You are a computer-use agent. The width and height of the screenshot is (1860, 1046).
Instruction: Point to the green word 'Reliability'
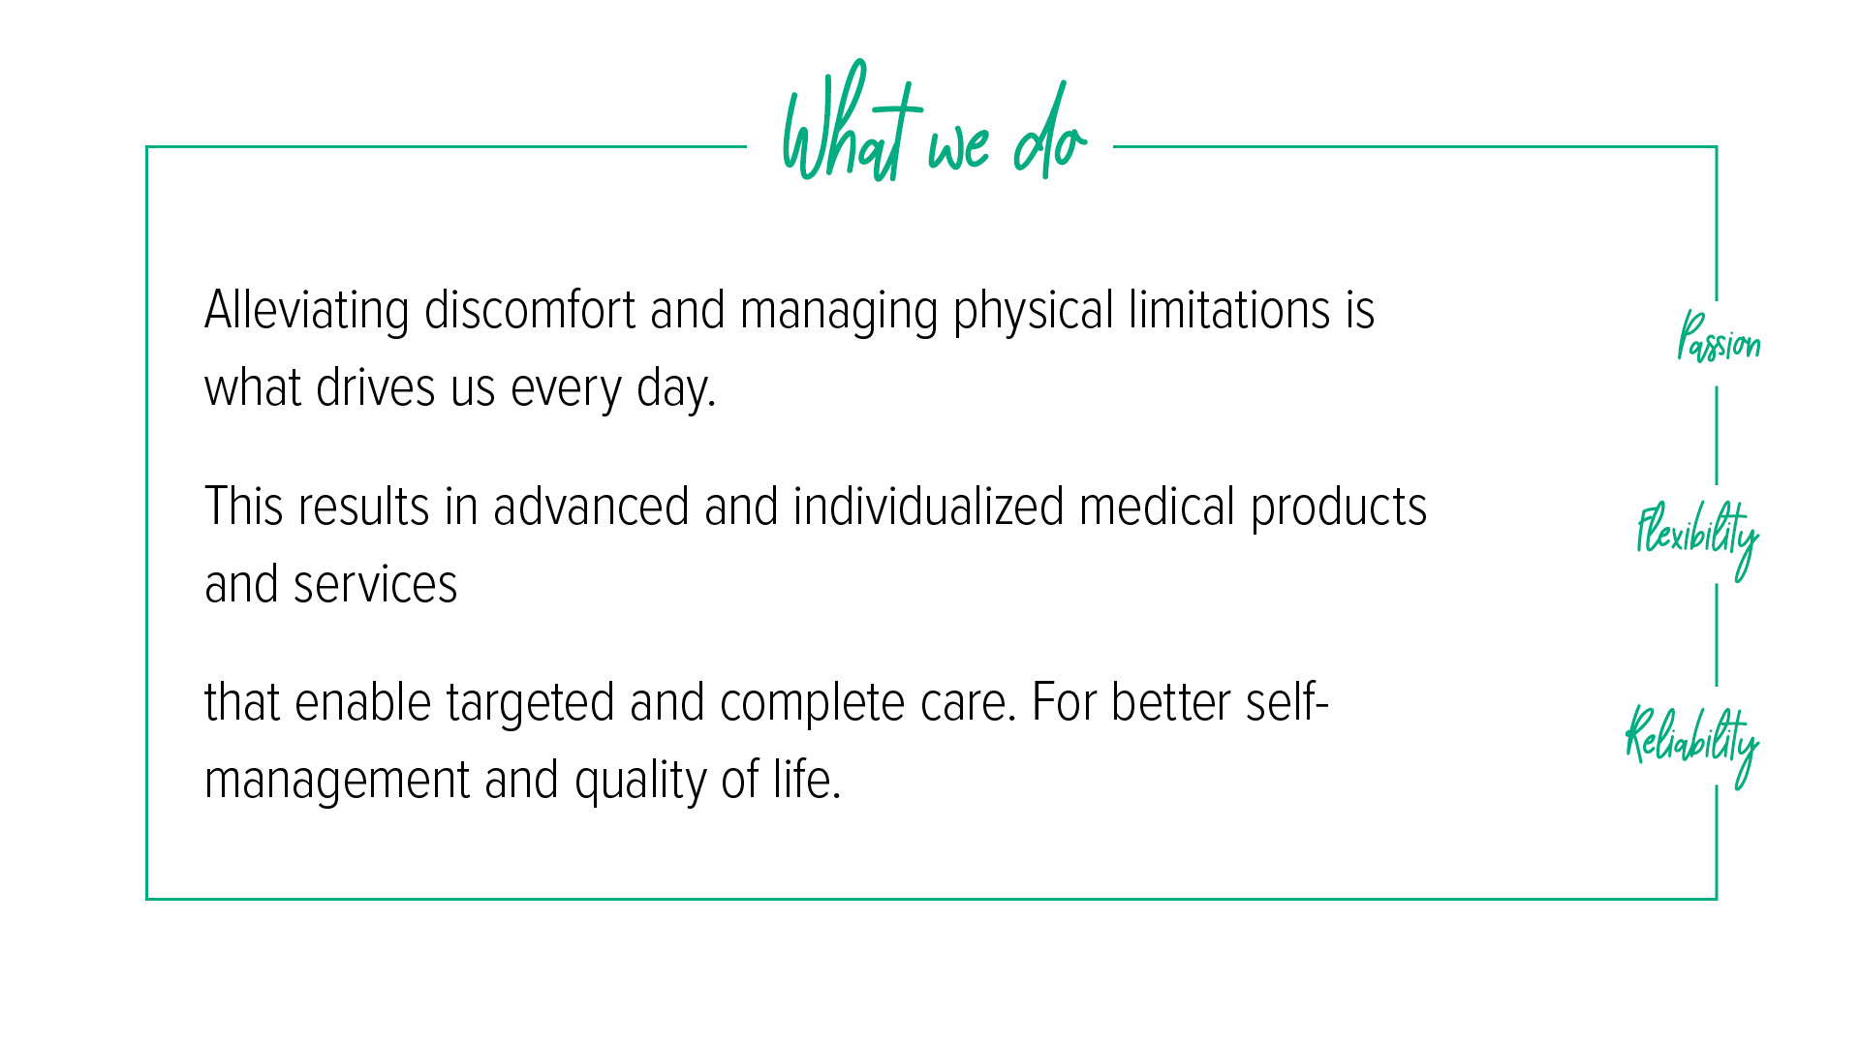1691,741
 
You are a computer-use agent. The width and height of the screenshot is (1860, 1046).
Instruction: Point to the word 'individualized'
928,508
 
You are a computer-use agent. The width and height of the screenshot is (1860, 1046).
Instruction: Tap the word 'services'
375,585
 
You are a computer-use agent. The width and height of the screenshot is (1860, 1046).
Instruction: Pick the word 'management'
336,783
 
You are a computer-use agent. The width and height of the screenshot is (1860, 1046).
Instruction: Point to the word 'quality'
639,783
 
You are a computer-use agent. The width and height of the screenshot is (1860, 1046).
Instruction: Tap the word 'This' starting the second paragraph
244,508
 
